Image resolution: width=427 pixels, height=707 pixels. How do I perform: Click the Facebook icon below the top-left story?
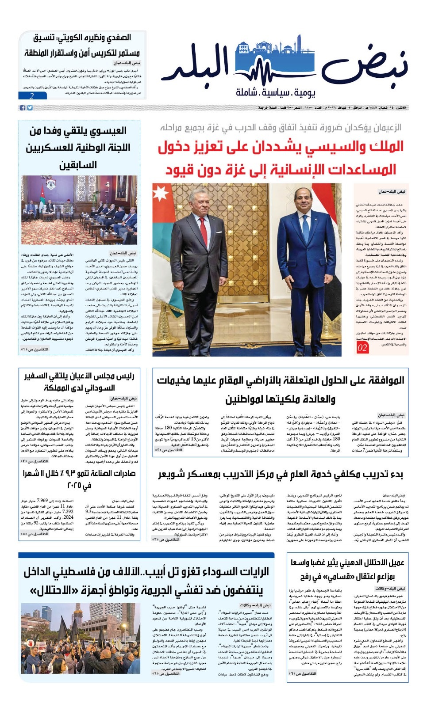click(22, 108)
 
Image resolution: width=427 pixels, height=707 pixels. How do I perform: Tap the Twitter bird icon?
click(30, 108)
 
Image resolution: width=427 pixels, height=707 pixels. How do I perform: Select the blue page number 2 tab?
click(32, 96)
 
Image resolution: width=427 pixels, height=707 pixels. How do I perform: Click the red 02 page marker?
click(362, 347)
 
